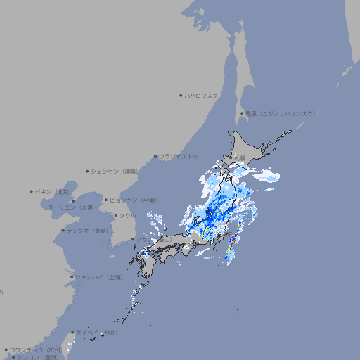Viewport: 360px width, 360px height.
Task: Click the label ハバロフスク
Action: pos(202,95)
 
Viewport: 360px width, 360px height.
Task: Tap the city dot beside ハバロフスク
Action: pos(181,95)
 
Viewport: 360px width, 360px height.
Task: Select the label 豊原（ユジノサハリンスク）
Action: pos(280,113)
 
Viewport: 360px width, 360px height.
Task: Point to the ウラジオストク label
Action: pos(179,156)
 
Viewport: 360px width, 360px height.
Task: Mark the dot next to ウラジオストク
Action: pos(155,157)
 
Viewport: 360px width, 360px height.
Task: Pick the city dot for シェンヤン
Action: pos(88,171)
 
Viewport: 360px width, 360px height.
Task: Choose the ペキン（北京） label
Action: pos(53,191)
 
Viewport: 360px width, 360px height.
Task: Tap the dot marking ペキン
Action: pos(32,191)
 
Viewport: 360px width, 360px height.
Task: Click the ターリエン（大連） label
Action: pos(71,207)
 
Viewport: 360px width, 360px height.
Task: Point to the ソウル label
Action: pos(127,215)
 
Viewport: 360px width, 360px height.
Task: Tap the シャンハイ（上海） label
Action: pos(98,276)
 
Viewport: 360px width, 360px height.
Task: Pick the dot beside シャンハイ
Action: pos(72,276)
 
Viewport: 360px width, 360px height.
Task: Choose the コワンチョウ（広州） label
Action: pos(36,349)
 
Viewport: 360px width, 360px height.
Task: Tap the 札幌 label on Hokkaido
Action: pos(240,157)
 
